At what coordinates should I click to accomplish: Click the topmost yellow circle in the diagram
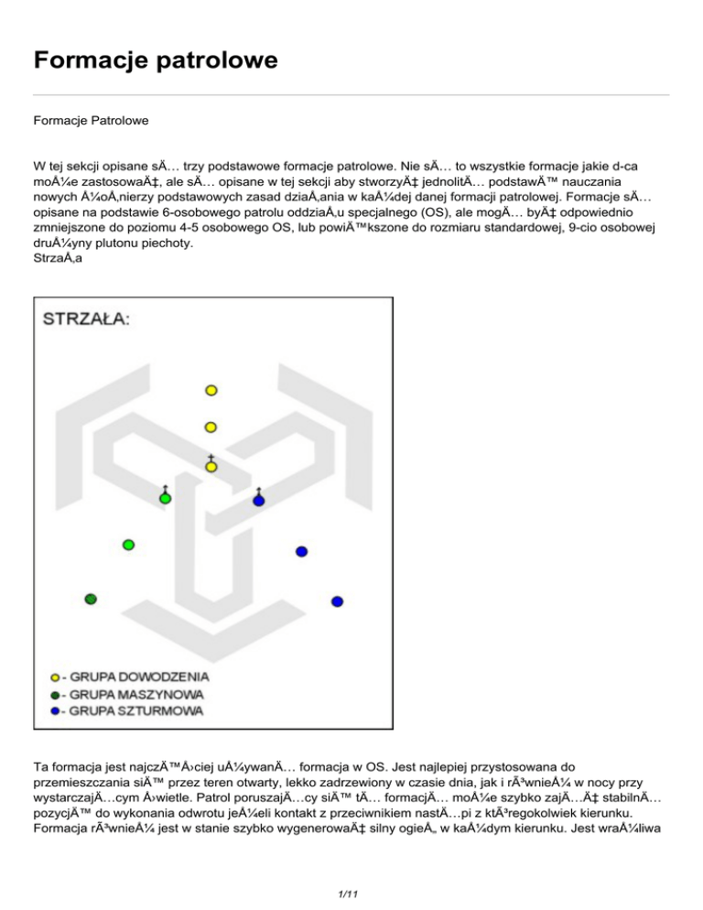pyautogui.click(x=211, y=390)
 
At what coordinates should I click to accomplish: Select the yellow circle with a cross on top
pyautogui.click(x=211, y=467)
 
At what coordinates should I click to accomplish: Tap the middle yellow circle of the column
pyautogui.click(x=211, y=428)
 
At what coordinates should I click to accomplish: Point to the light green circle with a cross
pyautogui.click(x=166, y=499)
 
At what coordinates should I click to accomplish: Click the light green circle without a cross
pyautogui.click(x=129, y=545)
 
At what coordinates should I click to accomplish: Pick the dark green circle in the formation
pyautogui.click(x=91, y=599)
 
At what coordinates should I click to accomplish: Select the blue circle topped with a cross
pyautogui.click(x=259, y=501)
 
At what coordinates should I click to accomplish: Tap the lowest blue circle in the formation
pyautogui.click(x=337, y=601)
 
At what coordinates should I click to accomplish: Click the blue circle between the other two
pyautogui.click(x=301, y=551)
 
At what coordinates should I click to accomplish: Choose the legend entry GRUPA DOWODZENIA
pyautogui.click(x=139, y=677)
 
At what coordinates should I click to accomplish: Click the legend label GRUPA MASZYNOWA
pyautogui.click(x=135, y=694)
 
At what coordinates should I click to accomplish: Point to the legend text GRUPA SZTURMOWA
pyautogui.click(x=137, y=710)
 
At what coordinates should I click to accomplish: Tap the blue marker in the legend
pyautogui.click(x=56, y=710)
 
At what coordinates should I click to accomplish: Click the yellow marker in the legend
pyautogui.click(x=56, y=677)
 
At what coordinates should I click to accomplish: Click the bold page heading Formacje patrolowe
pyautogui.click(x=155, y=62)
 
